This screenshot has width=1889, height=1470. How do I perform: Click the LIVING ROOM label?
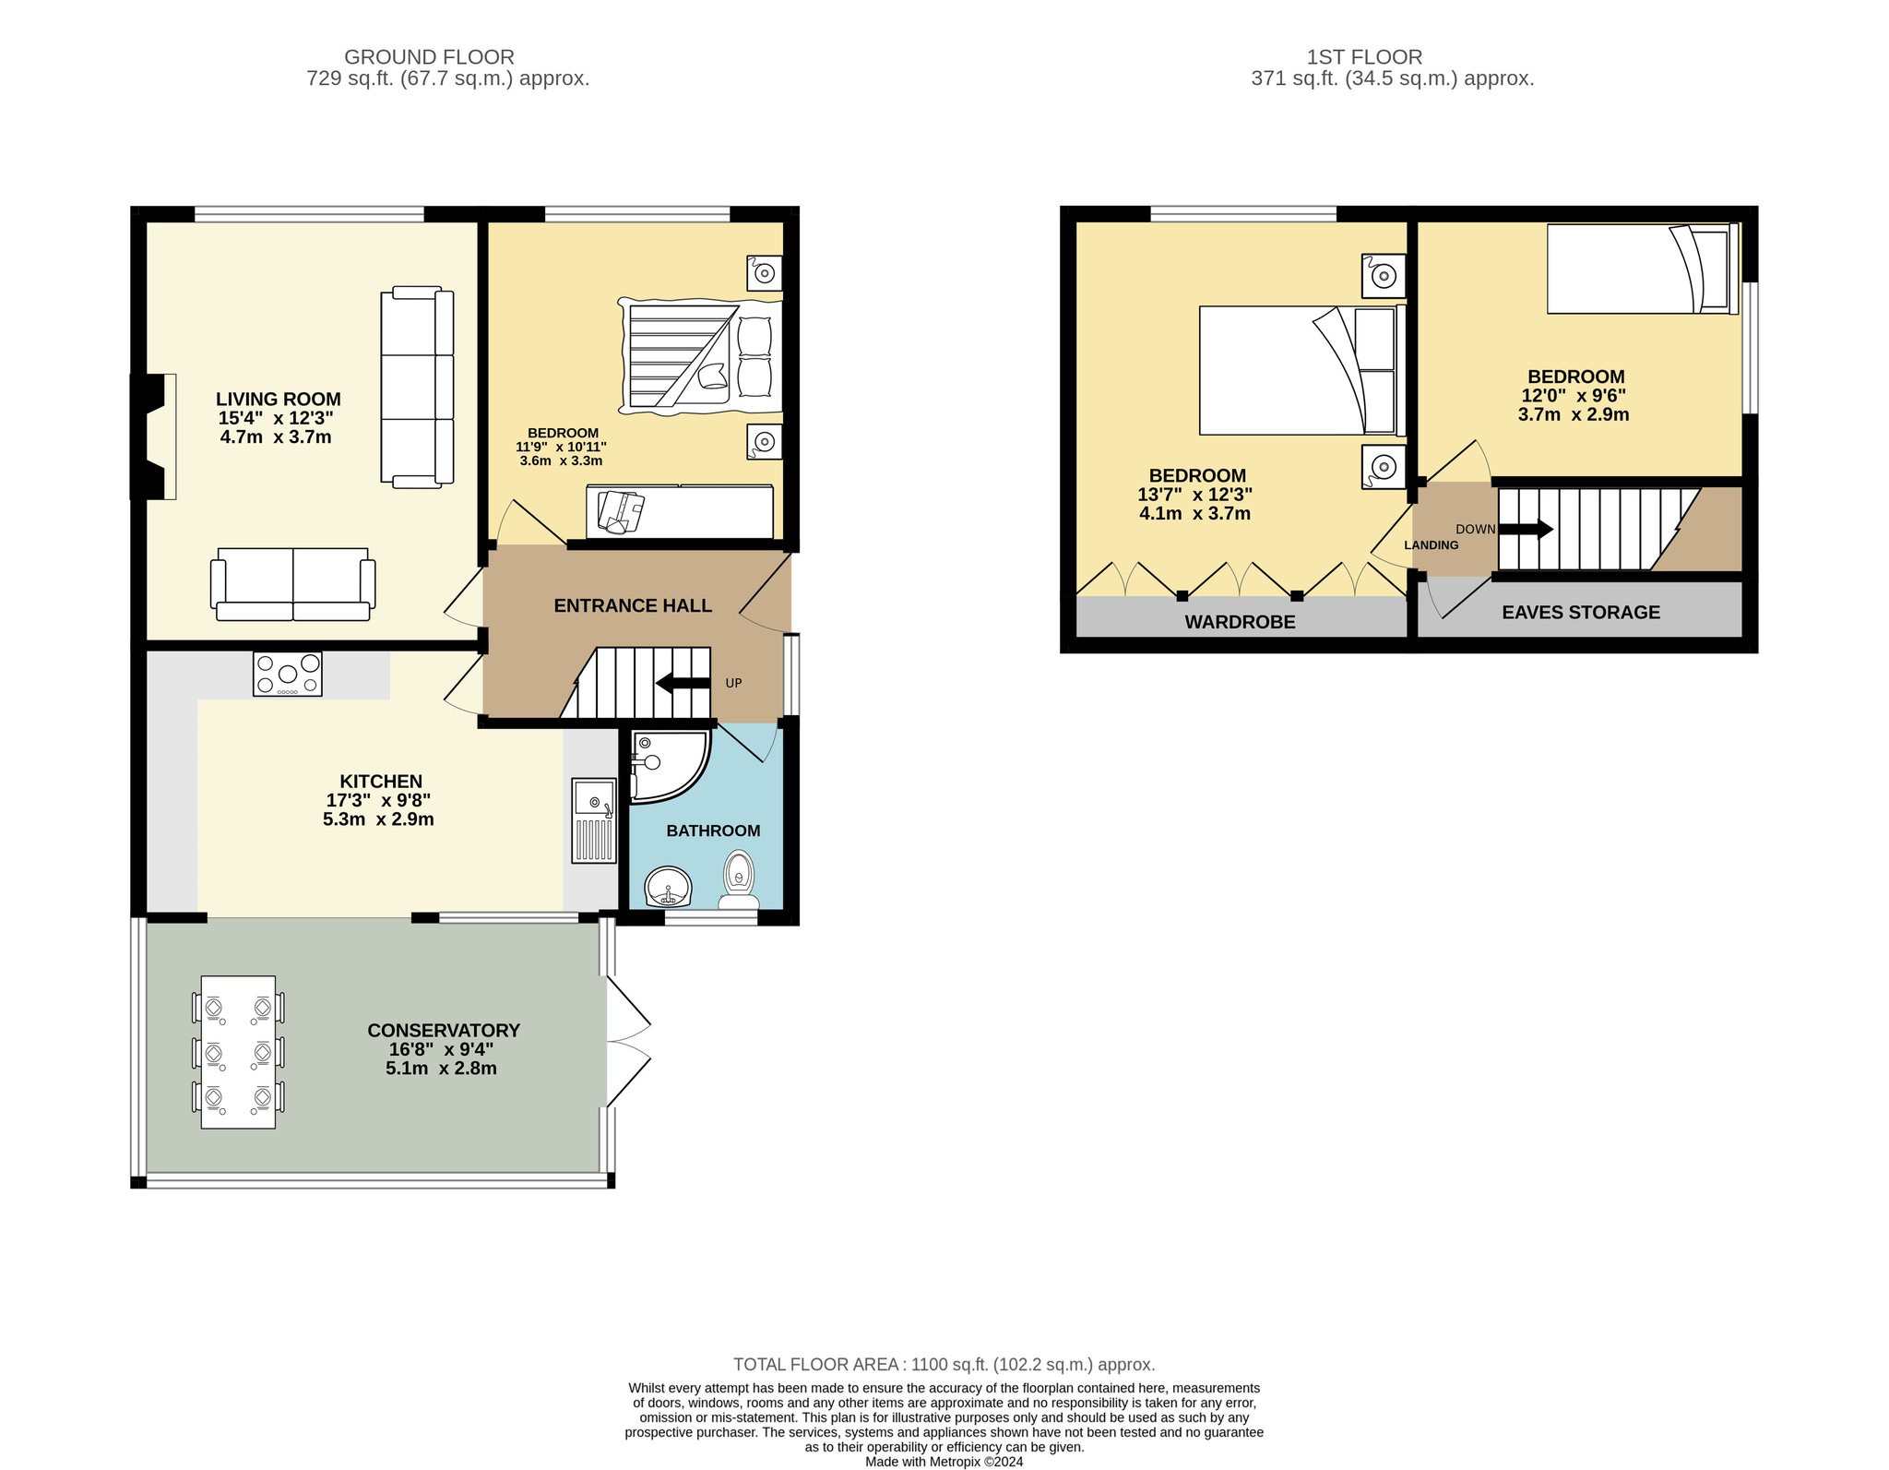278,400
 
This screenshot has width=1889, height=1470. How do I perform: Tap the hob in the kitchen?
287,674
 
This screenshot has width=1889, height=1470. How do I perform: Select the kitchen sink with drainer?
593,820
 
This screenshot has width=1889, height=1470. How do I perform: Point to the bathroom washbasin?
668,888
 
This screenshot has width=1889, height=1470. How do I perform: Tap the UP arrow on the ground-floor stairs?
683,683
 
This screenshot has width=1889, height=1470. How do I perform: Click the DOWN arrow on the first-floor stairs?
1526,530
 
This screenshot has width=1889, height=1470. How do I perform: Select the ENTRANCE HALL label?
633,606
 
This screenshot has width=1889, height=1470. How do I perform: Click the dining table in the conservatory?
238,1052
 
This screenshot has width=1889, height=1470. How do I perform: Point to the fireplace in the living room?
153,436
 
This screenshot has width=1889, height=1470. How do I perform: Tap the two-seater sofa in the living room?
293,584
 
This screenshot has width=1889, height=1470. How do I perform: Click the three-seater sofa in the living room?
417,387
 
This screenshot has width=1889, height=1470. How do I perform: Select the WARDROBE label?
1240,622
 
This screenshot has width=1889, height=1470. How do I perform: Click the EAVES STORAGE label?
1581,612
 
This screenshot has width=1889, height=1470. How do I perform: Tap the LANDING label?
1432,545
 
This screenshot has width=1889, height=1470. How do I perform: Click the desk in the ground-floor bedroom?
680,511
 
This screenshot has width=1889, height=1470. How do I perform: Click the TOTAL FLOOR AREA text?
944,1364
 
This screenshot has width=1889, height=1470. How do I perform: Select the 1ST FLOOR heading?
1364,57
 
